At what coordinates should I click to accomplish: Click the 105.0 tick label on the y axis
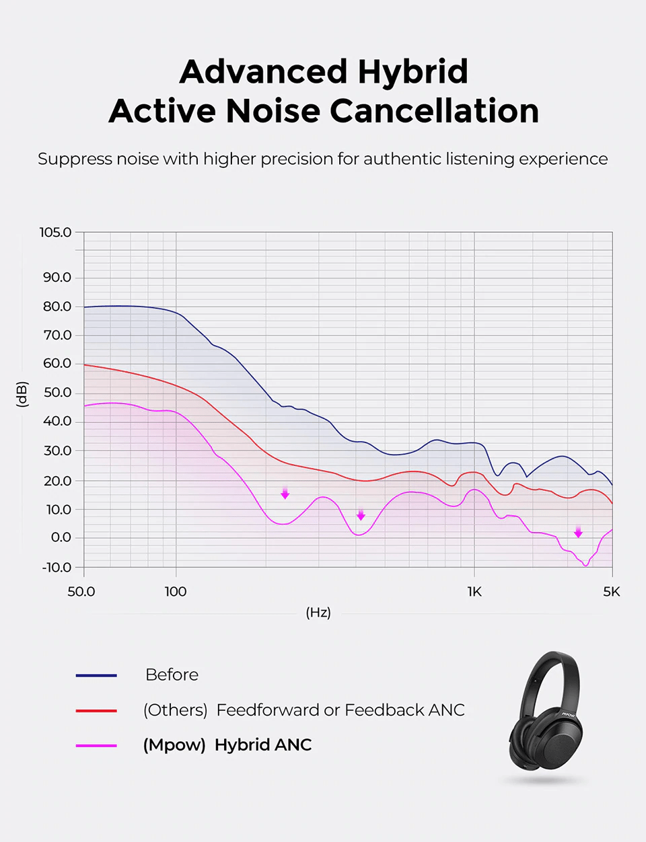tap(55, 233)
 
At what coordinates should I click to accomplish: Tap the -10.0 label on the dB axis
tap(57, 568)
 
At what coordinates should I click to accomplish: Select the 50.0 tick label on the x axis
tap(81, 592)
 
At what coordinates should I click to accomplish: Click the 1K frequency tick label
tap(474, 592)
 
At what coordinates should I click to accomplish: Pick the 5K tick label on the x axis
tap(612, 592)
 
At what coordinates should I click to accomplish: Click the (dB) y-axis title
tap(22, 394)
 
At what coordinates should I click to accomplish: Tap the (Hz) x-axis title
tap(318, 613)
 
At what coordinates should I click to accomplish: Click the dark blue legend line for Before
tap(96, 675)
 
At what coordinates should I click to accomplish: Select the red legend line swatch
tap(96, 710)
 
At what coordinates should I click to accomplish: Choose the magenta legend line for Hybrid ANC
tap(96, 745)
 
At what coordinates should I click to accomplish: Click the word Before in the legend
tap(172, 675)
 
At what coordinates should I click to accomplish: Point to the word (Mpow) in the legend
tap(174, 745)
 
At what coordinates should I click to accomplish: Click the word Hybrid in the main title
tap(412, 72)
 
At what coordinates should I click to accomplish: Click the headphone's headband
tap(548, 666)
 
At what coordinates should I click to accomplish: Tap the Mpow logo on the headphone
tap(569, 714)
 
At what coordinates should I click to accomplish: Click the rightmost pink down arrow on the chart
tap(578, 532)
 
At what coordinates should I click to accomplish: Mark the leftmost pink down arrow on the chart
tap(285, 494)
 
